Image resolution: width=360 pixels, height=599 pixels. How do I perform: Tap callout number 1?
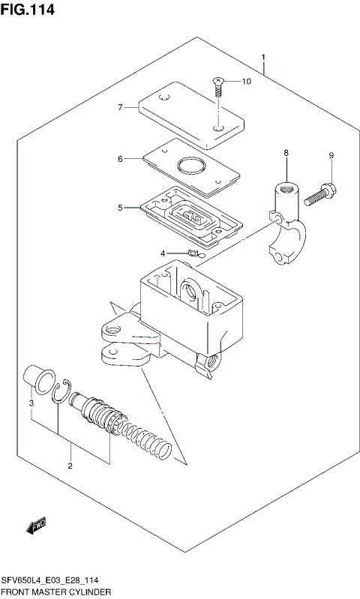263,58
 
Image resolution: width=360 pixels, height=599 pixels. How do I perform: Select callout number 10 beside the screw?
246,81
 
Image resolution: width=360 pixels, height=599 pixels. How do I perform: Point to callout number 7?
119,108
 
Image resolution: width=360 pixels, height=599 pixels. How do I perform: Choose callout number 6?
119,158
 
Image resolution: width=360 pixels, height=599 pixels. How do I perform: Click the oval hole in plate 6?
189,165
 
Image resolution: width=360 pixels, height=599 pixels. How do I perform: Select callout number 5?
119,208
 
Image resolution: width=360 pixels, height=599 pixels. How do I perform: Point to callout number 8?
285,154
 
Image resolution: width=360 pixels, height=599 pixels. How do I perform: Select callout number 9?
330,155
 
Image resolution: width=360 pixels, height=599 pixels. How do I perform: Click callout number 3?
31,404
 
